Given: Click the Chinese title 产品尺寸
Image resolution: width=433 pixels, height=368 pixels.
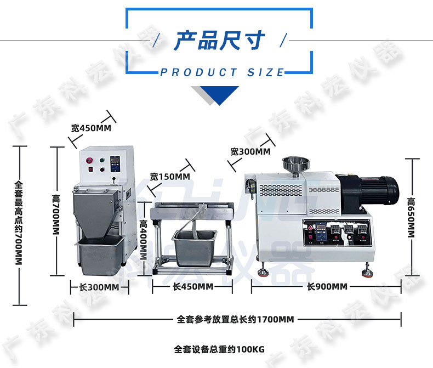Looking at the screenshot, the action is tap(219, 41).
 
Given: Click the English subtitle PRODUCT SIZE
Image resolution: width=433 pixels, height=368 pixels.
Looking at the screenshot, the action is tap(223, 72).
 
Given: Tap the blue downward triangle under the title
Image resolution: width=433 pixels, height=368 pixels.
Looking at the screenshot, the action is tap(219, 95).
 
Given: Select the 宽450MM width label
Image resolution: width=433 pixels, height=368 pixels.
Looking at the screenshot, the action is tap(91, 128).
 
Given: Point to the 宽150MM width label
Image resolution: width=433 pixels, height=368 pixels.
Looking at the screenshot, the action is tap(170, 177).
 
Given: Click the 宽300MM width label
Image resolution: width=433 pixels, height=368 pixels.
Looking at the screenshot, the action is tap(250, 152).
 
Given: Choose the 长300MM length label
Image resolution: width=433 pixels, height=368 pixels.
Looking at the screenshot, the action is tap(99, 287).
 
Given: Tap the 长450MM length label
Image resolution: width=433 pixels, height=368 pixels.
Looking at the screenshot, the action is tap(193, 287).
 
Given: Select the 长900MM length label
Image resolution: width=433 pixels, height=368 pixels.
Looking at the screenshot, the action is tap(327, 287).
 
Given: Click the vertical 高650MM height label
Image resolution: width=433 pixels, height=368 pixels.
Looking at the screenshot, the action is tap(411, 218).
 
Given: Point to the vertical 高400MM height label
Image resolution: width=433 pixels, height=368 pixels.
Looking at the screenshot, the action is tap(144, 240).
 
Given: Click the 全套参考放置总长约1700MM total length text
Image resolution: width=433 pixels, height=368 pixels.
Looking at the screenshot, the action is tap(236, 319).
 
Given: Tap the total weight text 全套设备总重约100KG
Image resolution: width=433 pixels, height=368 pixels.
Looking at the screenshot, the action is tap(219, 349).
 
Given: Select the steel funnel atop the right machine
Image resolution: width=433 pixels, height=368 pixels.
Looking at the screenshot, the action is tap(295, 164).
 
